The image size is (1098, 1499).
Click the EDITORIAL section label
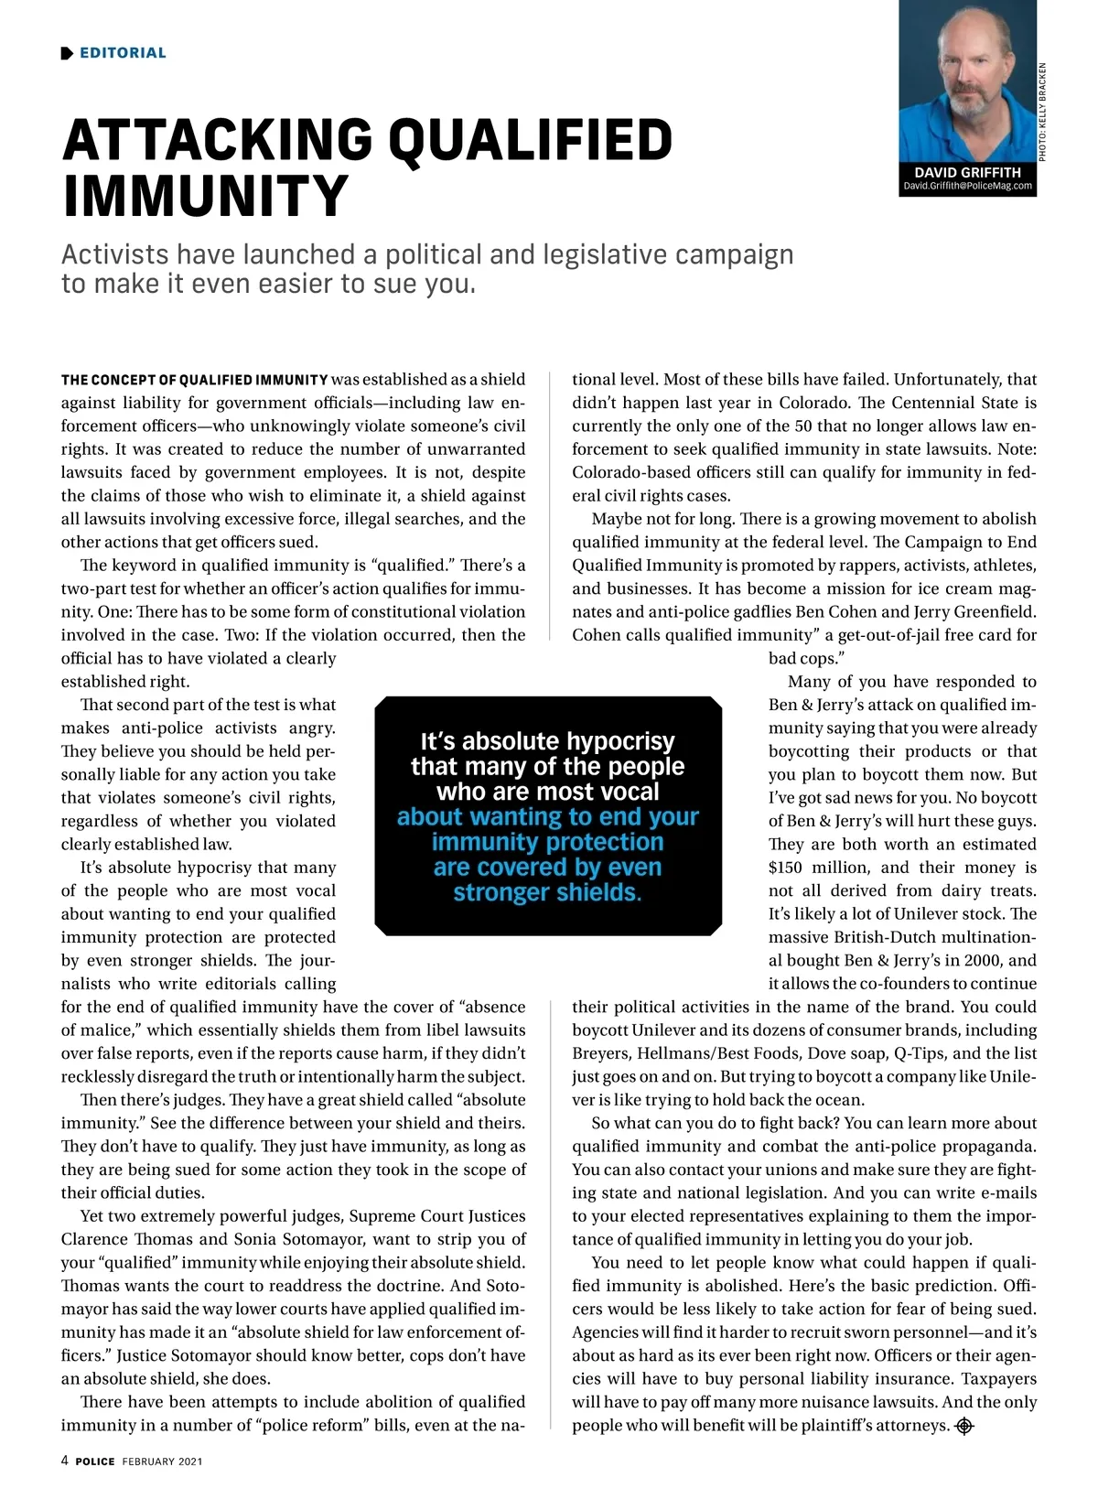[x=123, y=53]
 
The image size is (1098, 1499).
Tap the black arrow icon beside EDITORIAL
[x=67, y=53]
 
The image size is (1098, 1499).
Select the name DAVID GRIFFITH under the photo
[x=967, y=172]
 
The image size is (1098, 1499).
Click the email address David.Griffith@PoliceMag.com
[x=967, y=186]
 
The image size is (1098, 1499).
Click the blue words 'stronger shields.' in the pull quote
[x=547, y=892]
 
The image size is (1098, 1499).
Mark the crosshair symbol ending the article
[x=964, y=1426]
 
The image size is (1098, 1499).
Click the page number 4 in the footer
[x=65, y=1461]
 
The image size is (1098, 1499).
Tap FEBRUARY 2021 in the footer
[x=162, y=1461]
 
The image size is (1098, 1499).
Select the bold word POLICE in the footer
[x=95, y=1461]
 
